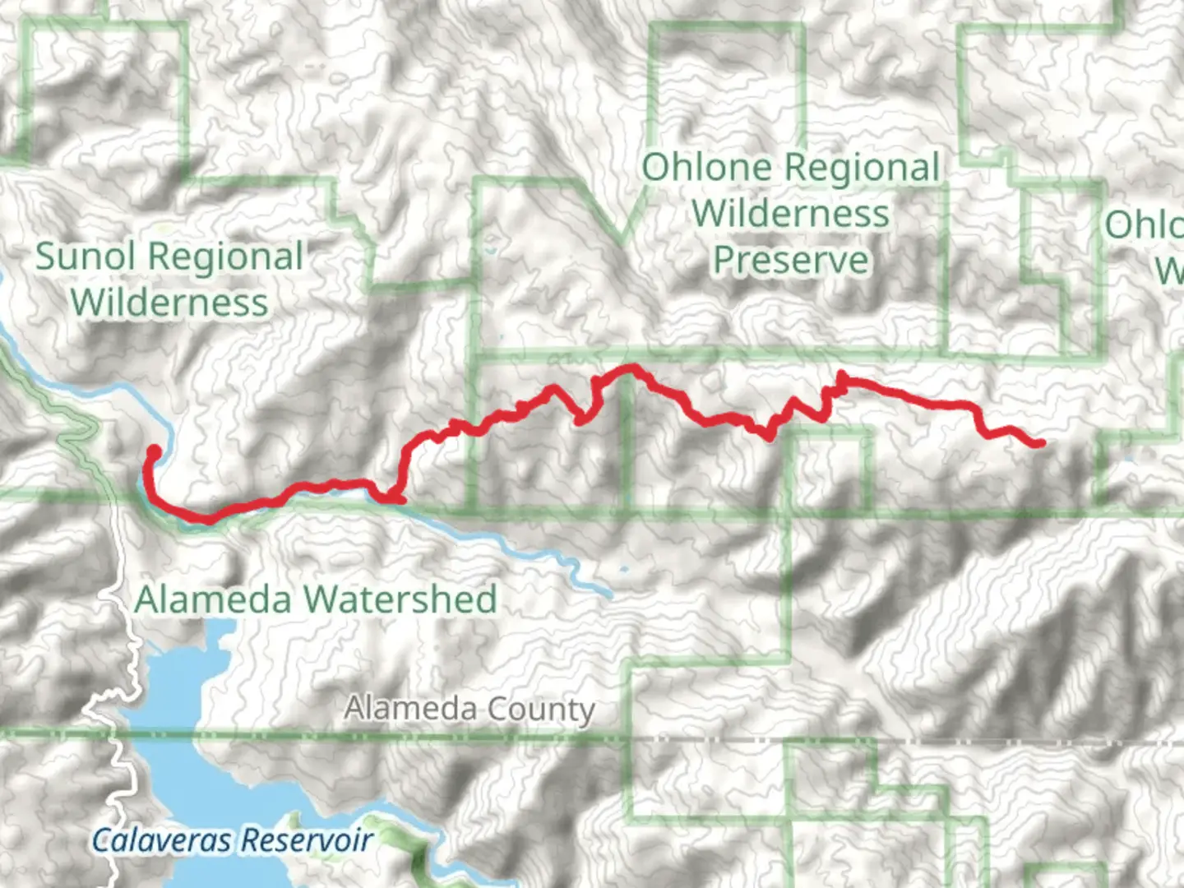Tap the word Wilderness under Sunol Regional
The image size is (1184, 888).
tap(169, 303)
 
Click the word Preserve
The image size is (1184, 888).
tap(791, 260)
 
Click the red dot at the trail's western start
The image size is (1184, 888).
tap(154, 451)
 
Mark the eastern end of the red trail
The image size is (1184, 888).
tap(1041, 443)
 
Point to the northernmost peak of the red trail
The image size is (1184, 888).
tap(631, 368)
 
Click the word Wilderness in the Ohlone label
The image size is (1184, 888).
tap(791, 214)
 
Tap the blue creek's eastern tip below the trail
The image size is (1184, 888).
tap(609, 592)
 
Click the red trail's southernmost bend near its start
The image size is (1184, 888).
tap(208, 519)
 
